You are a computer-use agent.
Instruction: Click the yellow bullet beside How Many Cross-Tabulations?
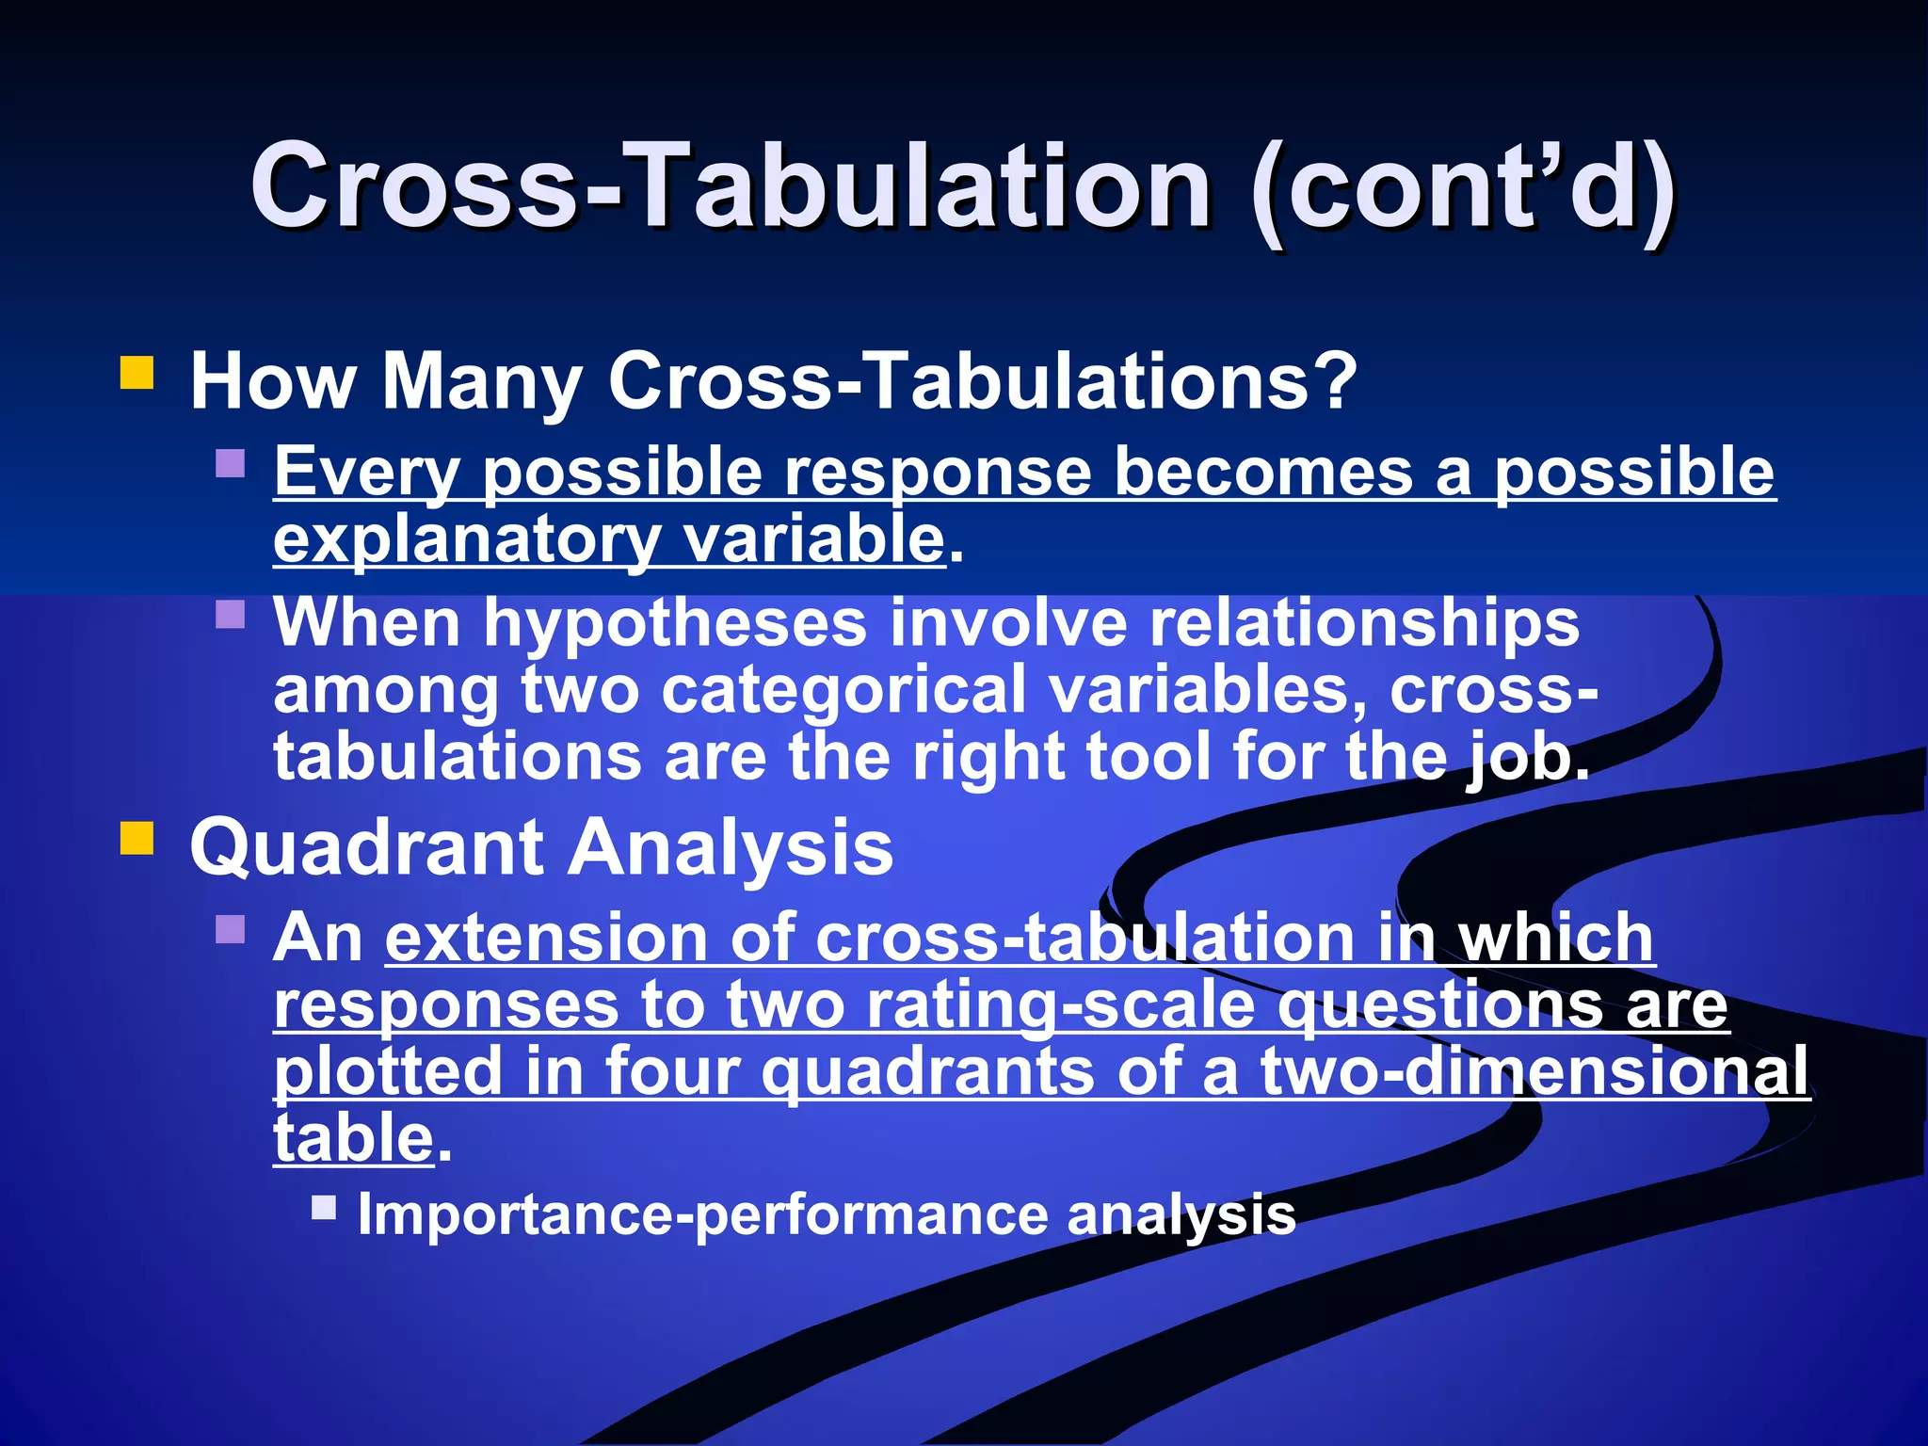coord(137,373)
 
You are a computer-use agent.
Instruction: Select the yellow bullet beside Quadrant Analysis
coord(137,838)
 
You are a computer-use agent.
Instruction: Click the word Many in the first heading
coord(481,381)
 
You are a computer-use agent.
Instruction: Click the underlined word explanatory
coord(466,539)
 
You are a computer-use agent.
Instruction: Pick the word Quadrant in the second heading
coord(365,847)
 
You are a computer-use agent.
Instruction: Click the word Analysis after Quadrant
coord(730,847)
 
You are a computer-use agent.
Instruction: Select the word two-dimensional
coord(1534,1071)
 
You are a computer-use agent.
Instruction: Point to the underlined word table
coord(353,1138)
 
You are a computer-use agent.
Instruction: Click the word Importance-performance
coord(701,1214)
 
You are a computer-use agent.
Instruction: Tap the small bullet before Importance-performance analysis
coord(324,1207)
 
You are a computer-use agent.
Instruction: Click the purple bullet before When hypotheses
coord(231,615)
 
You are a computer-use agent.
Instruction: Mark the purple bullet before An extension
coord(231,930)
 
